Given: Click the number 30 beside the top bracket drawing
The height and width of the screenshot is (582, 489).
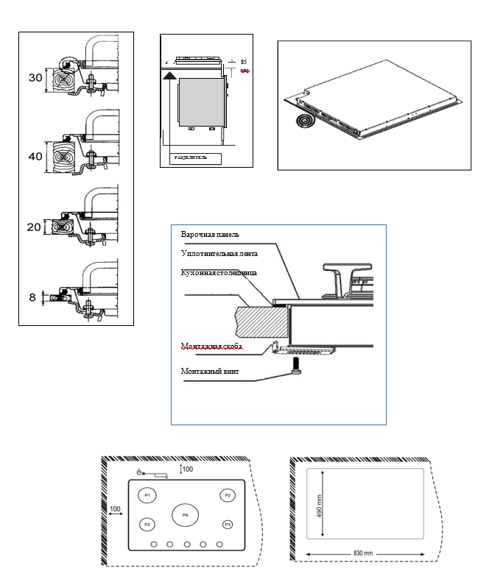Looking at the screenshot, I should click(35, 77).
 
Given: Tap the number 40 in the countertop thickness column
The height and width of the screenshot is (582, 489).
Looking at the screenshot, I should click(35, 156).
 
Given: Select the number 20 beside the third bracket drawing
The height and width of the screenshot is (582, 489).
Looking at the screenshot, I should click(34, 227).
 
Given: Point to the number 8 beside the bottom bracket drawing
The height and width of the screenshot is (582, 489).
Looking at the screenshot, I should click(33, 297).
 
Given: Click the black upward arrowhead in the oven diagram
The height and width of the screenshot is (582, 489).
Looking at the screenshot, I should click(170, 74).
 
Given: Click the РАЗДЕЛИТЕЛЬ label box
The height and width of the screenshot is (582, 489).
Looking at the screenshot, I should click(195, 157).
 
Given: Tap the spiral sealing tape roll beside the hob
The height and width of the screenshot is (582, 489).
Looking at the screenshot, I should click(304, 120).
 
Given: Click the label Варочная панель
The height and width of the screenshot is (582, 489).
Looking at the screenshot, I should click(210, 235).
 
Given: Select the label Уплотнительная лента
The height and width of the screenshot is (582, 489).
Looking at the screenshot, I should click(218, 253).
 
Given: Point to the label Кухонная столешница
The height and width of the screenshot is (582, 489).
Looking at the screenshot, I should click(219, 272).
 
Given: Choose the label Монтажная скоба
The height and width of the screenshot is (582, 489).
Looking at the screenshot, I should click(212, 345).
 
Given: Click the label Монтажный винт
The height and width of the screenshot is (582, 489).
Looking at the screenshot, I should click(210, 372).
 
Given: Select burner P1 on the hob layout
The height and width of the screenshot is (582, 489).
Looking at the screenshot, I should click(147, 495).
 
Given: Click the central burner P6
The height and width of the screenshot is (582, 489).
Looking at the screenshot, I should click(186, 515).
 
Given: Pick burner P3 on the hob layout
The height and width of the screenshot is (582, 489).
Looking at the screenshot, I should click(228, 524).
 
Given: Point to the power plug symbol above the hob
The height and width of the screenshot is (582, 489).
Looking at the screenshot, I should click(141, 471).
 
